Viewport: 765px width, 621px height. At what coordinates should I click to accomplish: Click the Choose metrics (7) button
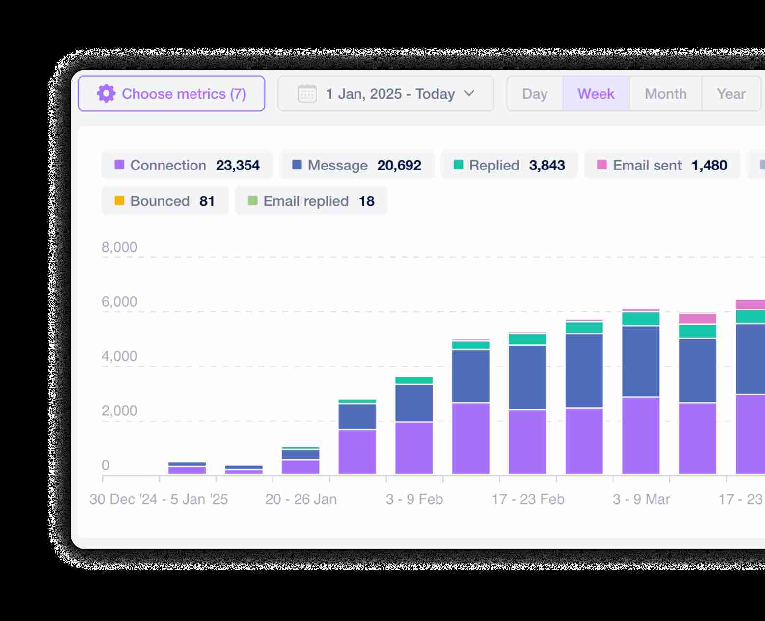pyautogui.click(x=171, y=93)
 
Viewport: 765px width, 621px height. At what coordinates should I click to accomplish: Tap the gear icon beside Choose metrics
pyautogui.click(x=106, y=93)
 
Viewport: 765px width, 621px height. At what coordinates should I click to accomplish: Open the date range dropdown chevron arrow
pyautogui.click(x=469, y=93)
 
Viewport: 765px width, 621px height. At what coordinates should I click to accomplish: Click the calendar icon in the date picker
pyautogui.click(x=307, y=93)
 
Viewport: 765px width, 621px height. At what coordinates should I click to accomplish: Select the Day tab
pyautogui.click(x=535, y=93)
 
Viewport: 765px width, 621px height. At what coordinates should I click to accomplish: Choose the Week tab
pyautogui.click(x=596, y=93)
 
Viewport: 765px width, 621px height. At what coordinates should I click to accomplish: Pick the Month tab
pyautogui.click(x=666, y=93)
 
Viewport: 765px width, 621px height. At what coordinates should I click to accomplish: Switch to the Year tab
pyautogui.click(x=731, y=93)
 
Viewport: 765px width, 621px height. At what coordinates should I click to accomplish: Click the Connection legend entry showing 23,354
pyautogui.click(x=187, y=165)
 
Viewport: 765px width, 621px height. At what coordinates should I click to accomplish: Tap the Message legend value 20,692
pyautogui.click(x=399, y=165)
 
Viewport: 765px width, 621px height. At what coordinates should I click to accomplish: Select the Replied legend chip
pyautogui.click(x=509, y=165)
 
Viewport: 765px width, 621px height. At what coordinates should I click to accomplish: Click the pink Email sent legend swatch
pyautogui.click(x=601, y=165)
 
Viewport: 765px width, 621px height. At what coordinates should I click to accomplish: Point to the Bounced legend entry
pyautogui.click(x=165, y=201)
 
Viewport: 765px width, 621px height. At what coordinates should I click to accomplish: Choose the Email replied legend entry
pyautogui.click(x=311, y=201)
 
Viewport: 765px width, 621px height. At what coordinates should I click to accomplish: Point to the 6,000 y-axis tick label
pyautogui.click(x=119, y=302)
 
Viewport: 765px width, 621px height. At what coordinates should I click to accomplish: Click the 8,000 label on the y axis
pyautogui.click(x=119, y=247)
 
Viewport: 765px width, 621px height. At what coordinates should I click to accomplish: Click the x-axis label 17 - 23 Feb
pyautogui.click(x=528, y=499)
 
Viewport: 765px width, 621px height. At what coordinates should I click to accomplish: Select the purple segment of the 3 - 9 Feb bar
pyautogui.click(x=414, y=447)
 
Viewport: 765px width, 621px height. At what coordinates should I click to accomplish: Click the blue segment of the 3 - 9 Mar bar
pyautogui.click(x=641, y=361)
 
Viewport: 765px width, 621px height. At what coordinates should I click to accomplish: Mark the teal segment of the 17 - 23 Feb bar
pyautogui.click(x=527, y=339)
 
